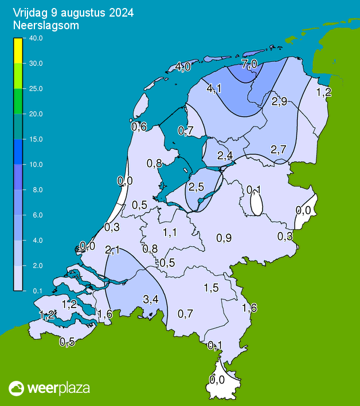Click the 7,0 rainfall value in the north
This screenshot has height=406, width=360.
coord(249,64)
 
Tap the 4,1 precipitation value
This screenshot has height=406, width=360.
coord(214,88)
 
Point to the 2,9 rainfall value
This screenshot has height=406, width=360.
coord(279,101)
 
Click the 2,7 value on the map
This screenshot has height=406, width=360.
coord(279,149)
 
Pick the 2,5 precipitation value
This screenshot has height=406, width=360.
coord(197,187)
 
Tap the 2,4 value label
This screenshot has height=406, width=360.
coord(225,156)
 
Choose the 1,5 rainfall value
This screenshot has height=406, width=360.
coord(212,288)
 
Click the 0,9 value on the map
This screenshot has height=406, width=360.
coord(224,238)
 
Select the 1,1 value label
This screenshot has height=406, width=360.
coord(170,232)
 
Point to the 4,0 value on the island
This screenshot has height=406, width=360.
coord(183,67)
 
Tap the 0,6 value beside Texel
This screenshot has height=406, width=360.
coord(139,127)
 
